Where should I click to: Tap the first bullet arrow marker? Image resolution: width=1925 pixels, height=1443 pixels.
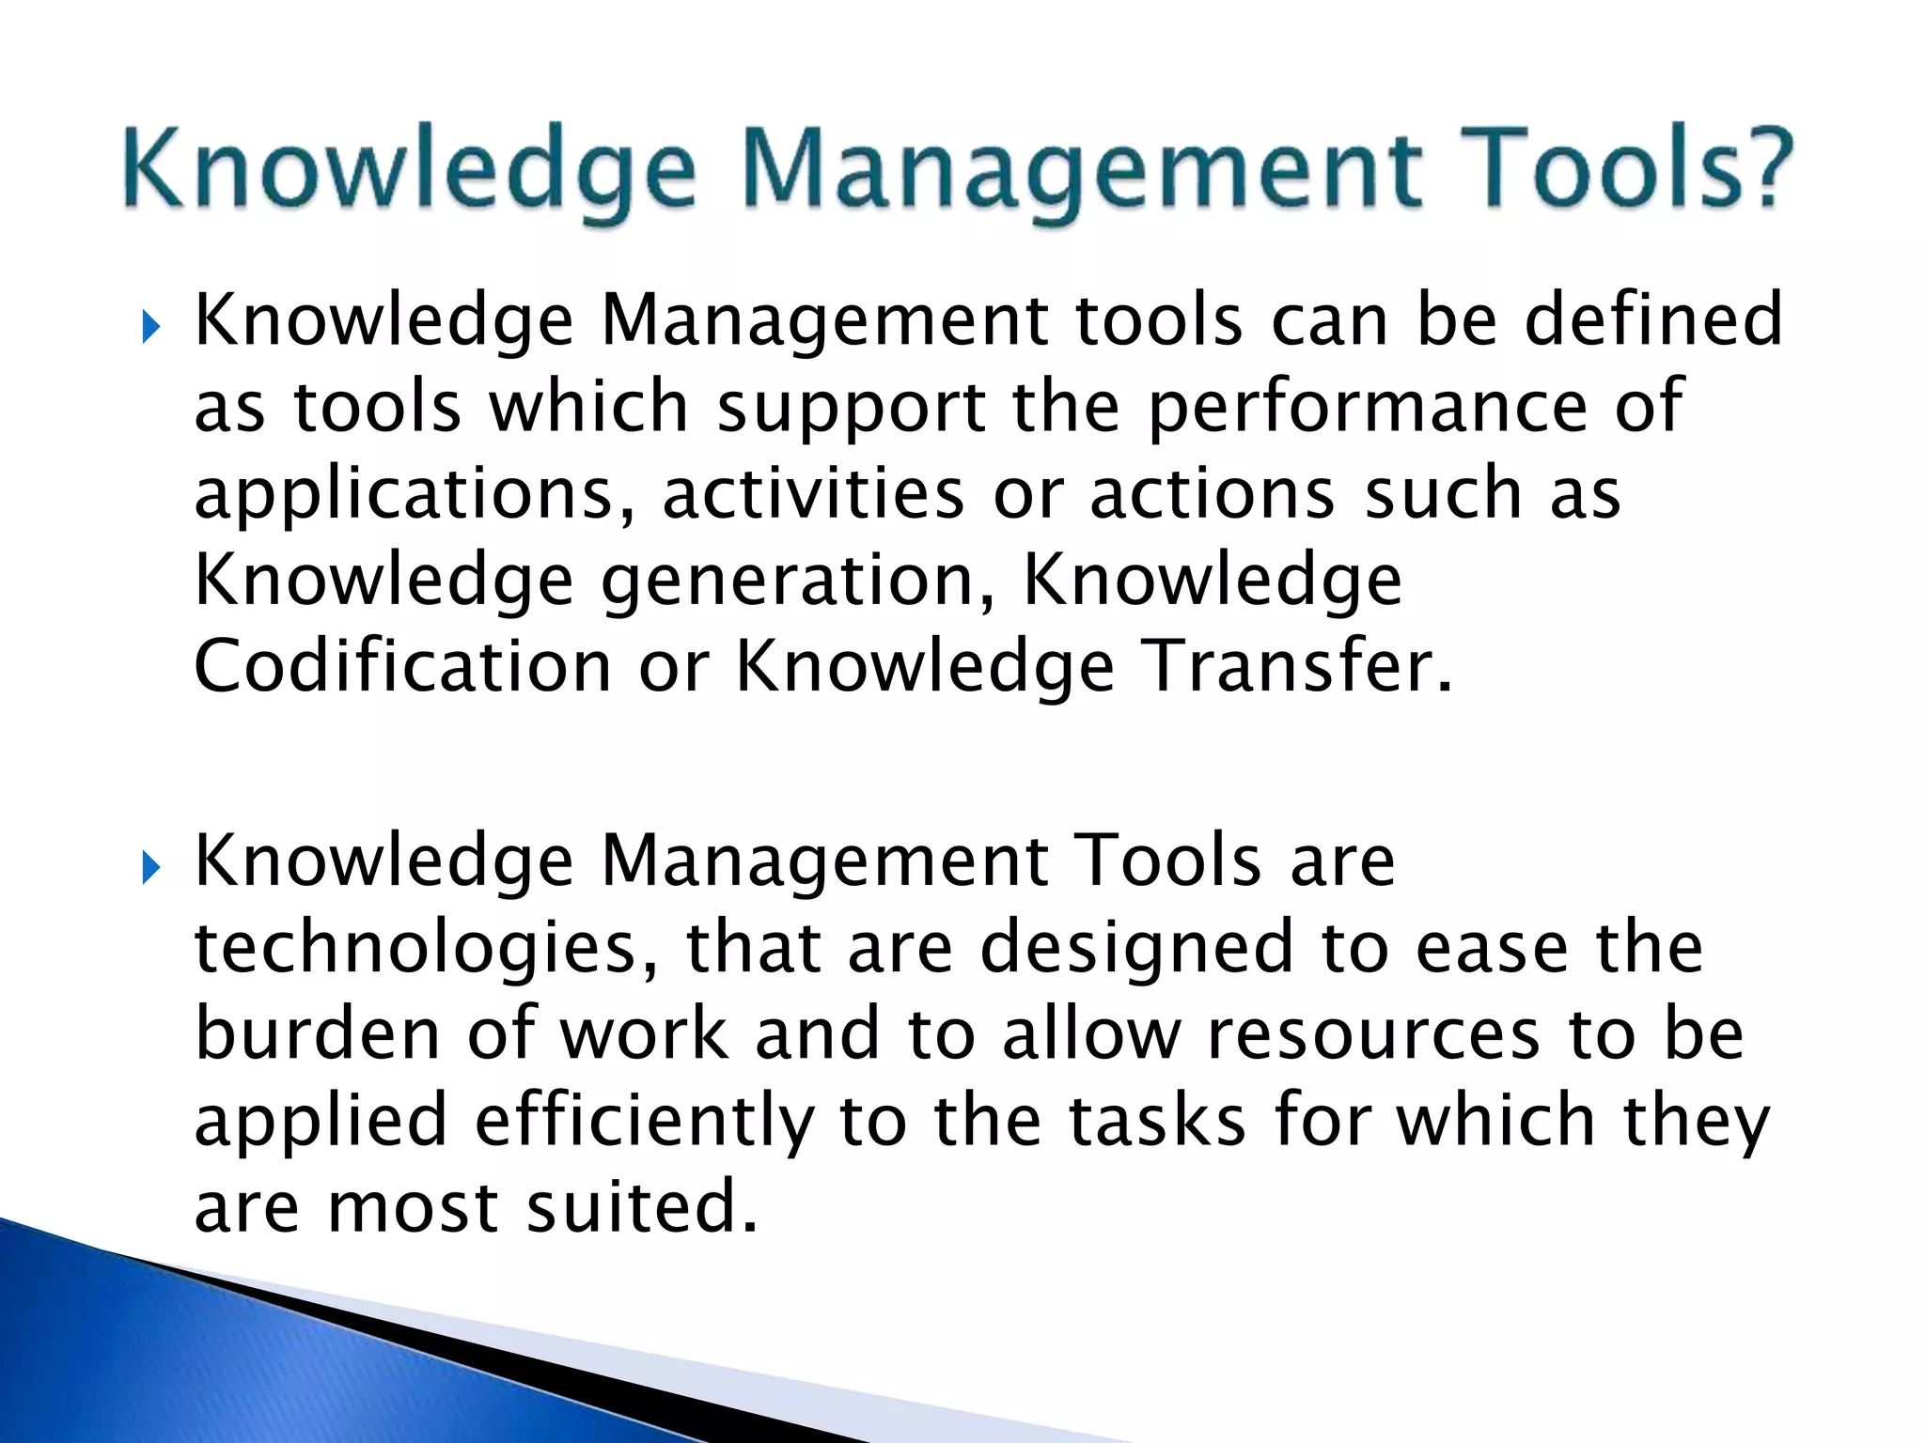[x=150, y=329]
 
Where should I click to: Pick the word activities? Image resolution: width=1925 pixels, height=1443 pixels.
[x=813, y=494]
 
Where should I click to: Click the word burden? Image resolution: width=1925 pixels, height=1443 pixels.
[x=318, y=1033]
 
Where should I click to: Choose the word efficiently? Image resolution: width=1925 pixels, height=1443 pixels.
[x=644, y=1122]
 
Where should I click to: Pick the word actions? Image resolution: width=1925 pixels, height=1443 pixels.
[x=1213, y=494]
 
